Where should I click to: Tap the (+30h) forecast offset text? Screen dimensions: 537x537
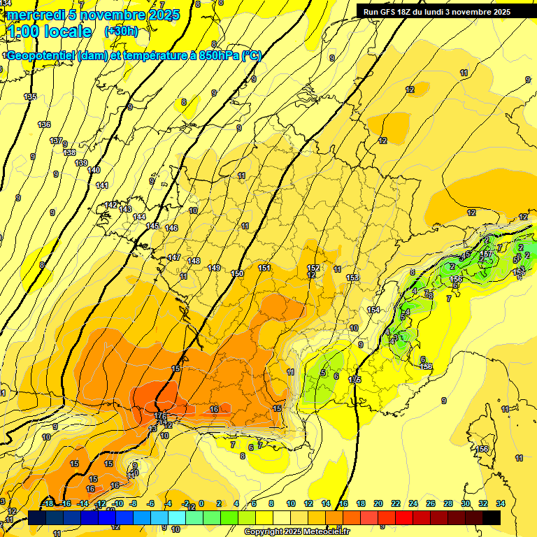click(x=121, y=31)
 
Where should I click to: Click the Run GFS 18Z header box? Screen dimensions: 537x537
click(x=437, y=12)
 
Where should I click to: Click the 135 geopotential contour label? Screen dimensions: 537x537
click(x=30, y=96)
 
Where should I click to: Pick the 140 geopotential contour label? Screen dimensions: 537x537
click(x=94, y=170)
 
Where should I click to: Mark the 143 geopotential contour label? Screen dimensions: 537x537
click(x=125, y=209)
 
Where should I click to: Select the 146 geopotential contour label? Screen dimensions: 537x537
click(x=171, y=229)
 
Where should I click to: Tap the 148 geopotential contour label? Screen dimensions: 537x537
click(x=194, y=261)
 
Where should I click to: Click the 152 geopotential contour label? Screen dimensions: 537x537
click(x=314, y=268)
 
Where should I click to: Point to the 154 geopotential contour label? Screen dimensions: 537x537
click(x=374, y=310)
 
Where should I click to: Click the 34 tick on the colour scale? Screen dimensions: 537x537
click(x=501, y=503)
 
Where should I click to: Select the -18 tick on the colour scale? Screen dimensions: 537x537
click(x=48, y=503)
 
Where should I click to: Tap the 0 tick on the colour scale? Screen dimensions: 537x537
click(x=201, y=503)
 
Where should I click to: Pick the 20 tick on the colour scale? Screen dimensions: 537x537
click(x=378, y=503)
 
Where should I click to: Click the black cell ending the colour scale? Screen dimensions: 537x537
click(x=492, y=517)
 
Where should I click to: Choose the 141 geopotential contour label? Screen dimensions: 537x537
click(x=102, y=185)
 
